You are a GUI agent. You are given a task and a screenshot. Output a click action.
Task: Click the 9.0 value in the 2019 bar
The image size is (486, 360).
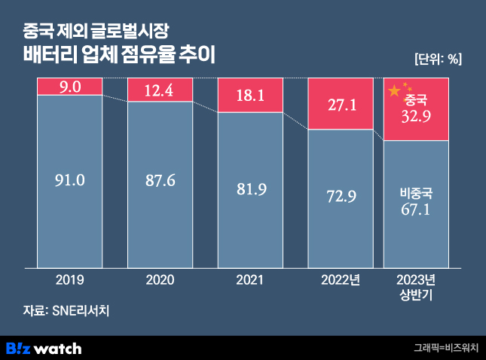[x=69, y=88]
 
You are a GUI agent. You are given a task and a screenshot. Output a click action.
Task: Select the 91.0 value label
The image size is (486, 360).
[x=69, y=180]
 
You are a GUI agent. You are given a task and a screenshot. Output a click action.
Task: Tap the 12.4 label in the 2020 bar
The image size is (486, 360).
[x=160, y=92]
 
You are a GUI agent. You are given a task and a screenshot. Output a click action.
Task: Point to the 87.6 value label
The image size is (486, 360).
[x=160, y=184]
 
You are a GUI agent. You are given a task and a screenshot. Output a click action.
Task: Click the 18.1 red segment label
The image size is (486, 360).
[x=250, y=96]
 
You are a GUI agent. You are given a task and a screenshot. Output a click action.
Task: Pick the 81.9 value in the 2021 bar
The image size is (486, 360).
[x=250, y=188]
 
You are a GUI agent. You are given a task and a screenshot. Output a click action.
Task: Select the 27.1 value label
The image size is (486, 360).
[x=341, y=105]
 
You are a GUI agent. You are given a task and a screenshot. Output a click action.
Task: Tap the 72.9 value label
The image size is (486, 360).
[x=341, y=197]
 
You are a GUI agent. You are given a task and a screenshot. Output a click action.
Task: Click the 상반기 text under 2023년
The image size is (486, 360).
[x=416, y=293]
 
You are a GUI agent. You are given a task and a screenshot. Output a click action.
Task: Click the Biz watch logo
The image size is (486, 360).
[x=44, y=348]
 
